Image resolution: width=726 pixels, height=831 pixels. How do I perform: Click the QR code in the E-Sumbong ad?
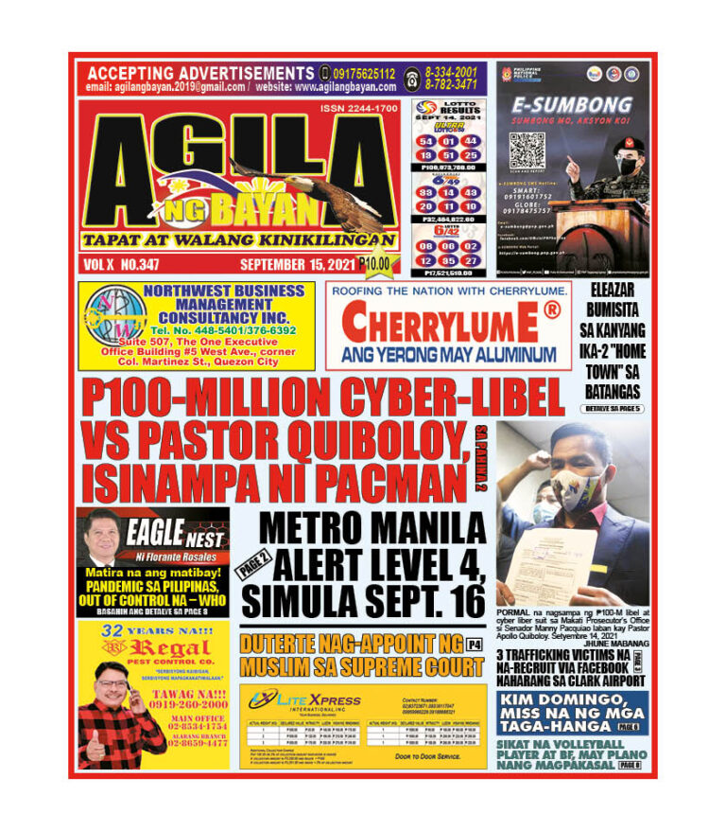[529, 150]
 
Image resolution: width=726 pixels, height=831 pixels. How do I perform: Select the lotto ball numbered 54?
[426, 140]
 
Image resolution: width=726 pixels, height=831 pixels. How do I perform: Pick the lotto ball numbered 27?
[471, 258]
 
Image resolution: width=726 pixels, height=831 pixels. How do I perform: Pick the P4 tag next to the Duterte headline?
[475, 645]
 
